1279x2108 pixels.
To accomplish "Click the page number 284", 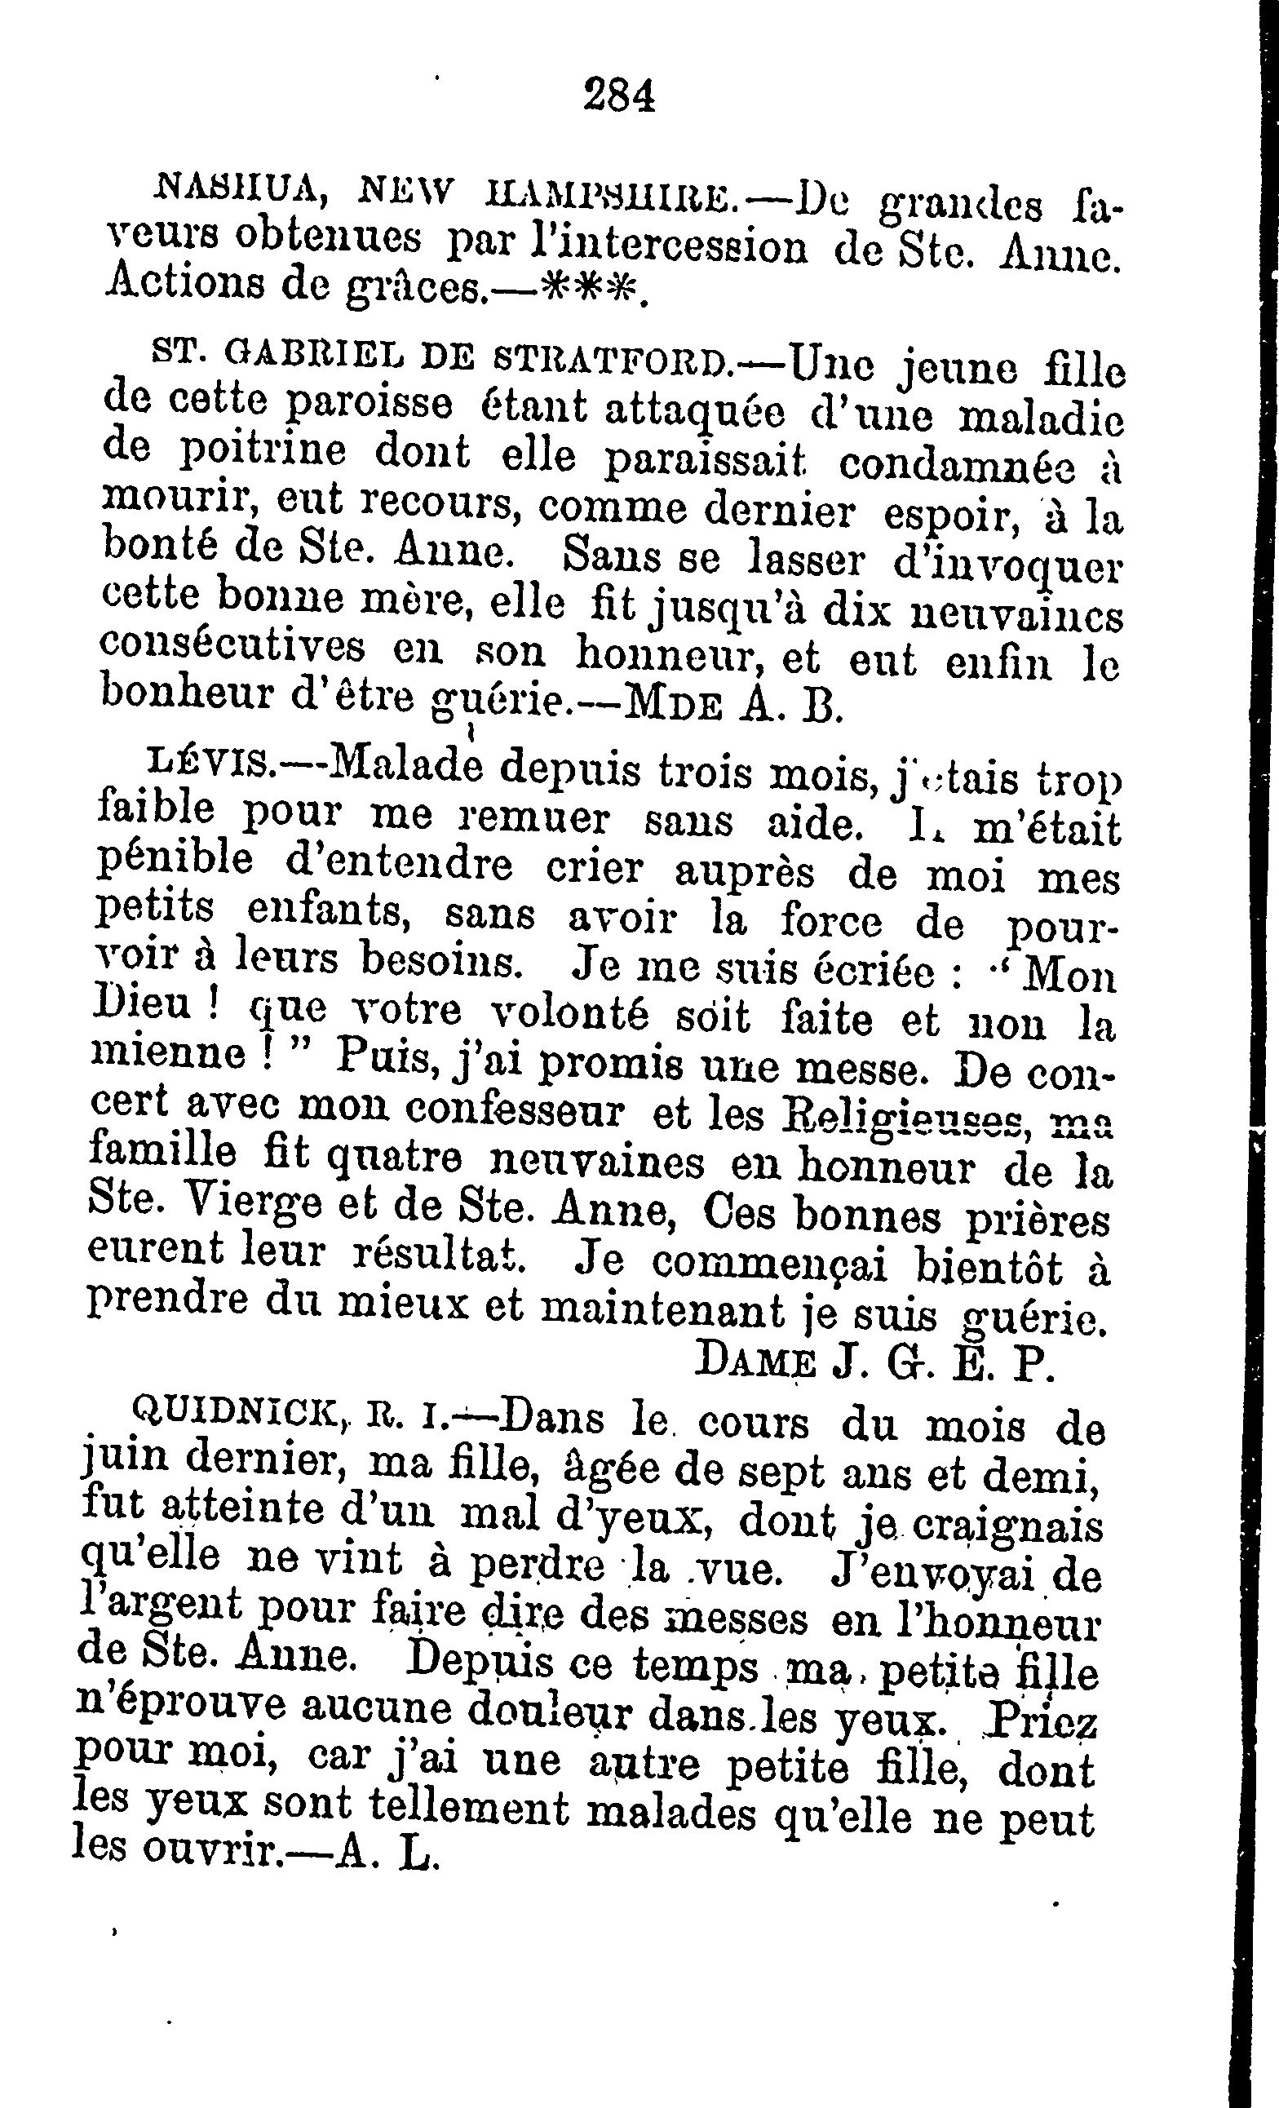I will coord(618,95).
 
